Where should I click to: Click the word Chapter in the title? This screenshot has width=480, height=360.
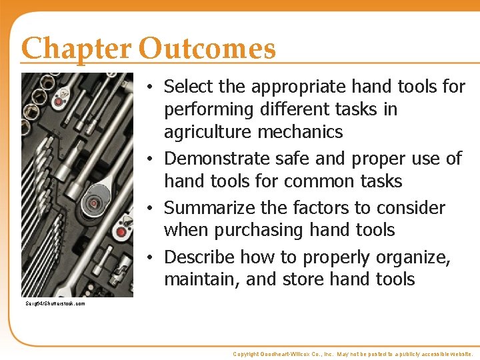click(77, 49)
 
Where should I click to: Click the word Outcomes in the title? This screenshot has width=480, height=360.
click(207, 49)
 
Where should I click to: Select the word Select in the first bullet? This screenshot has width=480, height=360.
click(188, 87)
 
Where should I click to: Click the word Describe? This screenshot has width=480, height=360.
click(199, 257)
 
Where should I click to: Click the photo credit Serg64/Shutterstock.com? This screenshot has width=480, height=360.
click(55, 304)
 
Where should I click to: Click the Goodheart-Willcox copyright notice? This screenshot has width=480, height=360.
click(353, 354)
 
